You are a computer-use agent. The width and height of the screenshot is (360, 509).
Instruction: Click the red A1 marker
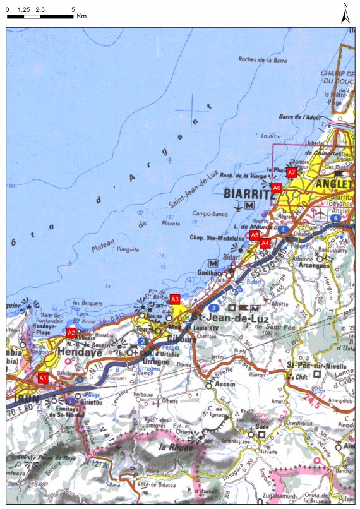(43, 378)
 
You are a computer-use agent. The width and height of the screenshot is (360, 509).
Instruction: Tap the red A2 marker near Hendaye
(71, 332)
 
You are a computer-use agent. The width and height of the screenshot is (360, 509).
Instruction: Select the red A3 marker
(176, 299)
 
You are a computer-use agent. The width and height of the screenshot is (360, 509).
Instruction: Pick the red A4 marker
(265, 243)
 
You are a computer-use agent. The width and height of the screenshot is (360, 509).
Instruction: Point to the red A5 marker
(255, 235)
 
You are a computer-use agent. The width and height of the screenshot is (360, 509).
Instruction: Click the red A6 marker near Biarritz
(277, 188)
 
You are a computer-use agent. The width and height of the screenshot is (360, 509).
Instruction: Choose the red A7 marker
(291, 172)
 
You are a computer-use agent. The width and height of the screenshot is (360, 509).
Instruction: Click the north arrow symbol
(345, 15)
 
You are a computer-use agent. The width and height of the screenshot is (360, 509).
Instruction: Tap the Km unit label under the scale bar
(81, 16)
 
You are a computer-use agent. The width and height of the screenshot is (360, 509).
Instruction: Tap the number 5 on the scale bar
(74, 9)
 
